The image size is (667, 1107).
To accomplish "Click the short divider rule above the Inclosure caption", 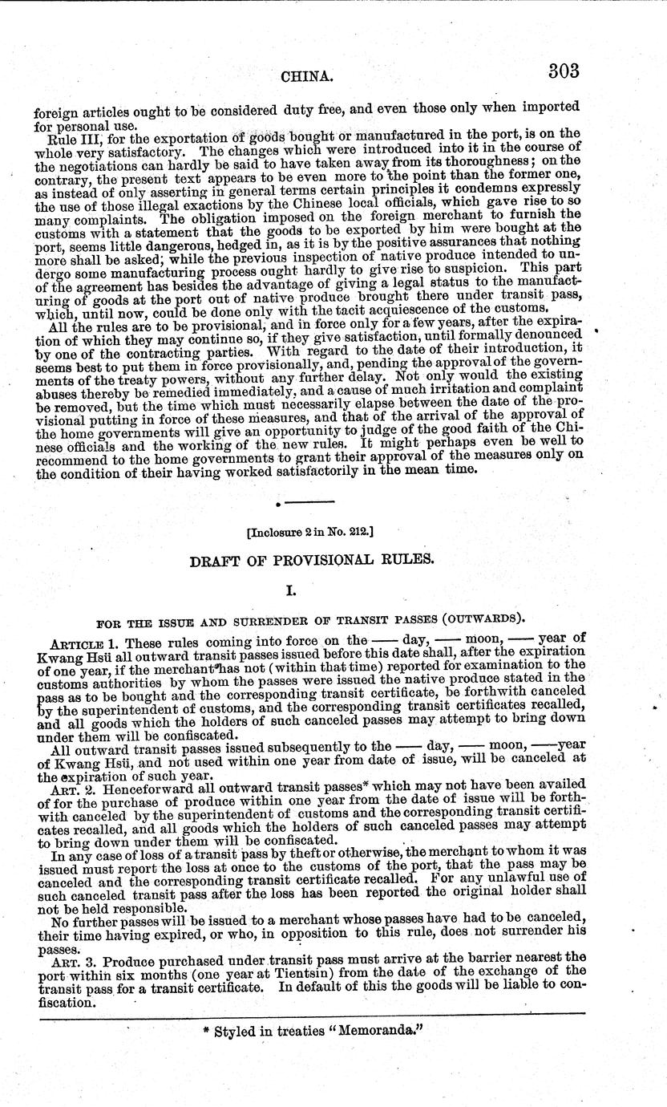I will tap(309, 501).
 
